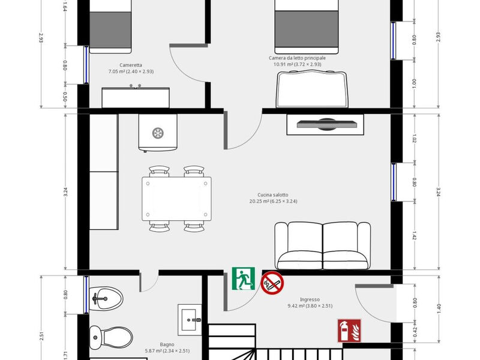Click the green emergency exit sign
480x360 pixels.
(244, 278)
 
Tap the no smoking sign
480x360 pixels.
(272, 283)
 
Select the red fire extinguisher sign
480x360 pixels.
(349, 331)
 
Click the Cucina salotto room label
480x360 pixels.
(273, 194)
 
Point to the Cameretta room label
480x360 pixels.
(131, 65)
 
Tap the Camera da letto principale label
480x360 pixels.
(297, 58)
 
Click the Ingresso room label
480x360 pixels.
(310, 299)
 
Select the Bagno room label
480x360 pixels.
(167, 344)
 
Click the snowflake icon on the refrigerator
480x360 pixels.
(158, 133)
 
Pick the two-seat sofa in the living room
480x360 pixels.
(323, 245)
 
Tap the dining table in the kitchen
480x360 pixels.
(176, 199)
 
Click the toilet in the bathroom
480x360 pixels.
(111, 337)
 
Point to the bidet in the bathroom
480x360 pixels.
(106, 298)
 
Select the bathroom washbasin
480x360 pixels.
(190, 320)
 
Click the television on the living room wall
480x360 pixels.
(325, 124)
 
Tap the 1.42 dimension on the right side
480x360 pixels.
(414, 235)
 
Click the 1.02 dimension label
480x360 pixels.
(414, 139)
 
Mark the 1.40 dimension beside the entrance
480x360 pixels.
(439, 308)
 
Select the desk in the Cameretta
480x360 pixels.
(136, 97)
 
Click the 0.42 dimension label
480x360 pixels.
(415, 332)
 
